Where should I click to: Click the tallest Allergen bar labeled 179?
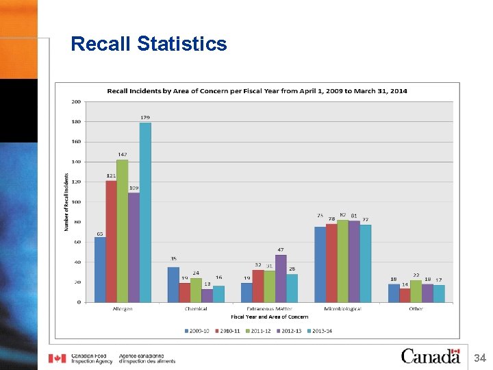pos(145,212)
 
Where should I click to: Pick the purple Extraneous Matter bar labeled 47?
pos(281,278)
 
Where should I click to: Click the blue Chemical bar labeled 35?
pos(173,284)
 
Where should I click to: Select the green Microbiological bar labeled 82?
pos(342,261)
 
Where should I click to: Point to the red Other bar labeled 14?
pos(405,295)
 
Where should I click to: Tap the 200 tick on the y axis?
pos(75,101)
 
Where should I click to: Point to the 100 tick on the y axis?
pos(75,202)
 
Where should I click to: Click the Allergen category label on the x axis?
pos(123,309)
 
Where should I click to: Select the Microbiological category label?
pos(342,309)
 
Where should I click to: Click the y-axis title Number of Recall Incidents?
pos(66,201)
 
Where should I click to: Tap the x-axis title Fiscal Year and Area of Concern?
pos(269,317)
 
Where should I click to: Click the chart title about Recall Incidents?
pos(256,91)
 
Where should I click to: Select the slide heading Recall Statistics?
pos(149,45)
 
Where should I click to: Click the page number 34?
pos(480,358)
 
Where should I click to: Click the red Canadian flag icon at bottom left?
pos(58,358)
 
